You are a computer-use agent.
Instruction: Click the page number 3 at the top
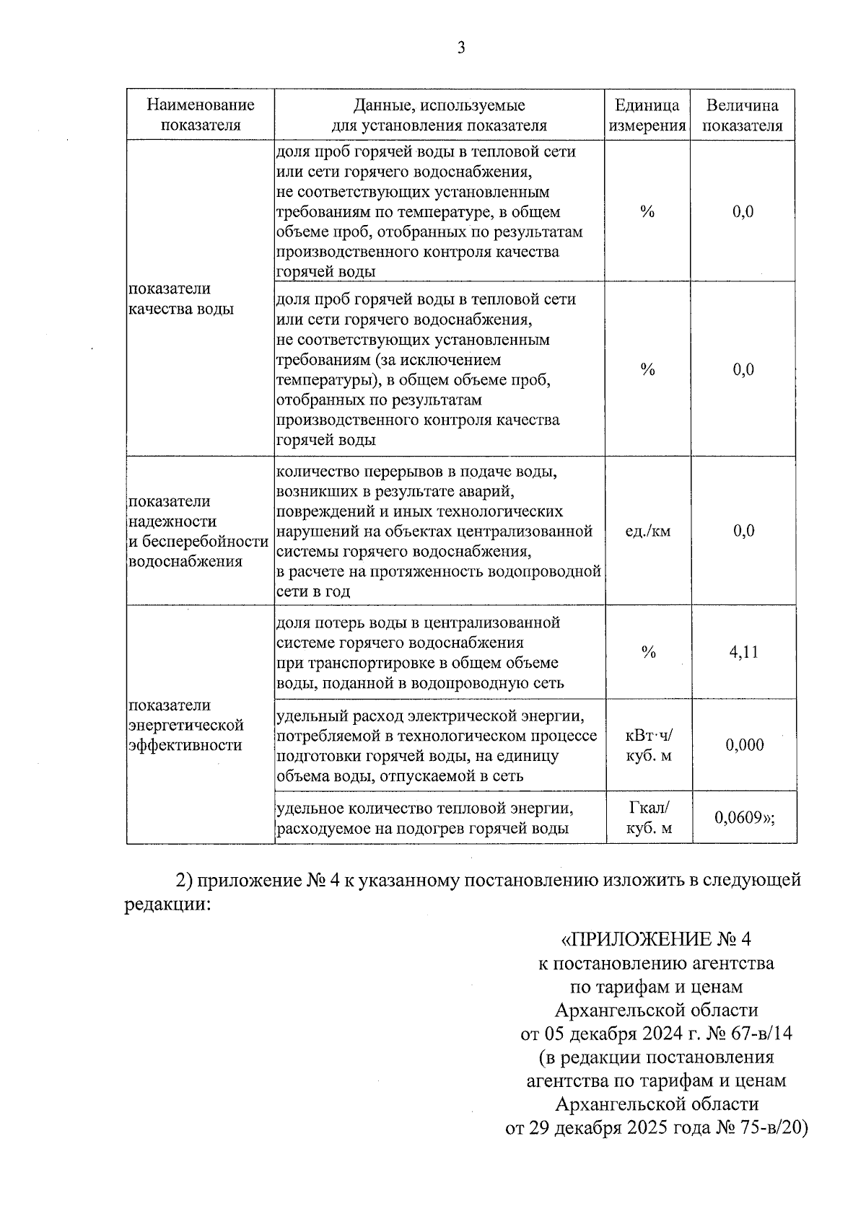click(x=461, y=48)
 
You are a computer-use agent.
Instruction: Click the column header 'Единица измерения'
click(x=647, y=115)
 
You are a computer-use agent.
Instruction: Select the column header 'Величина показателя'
click(x=743, y=115)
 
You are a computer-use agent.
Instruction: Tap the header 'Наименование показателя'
click(x=201, y=115)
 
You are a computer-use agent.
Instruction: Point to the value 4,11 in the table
click(x=743, y=652)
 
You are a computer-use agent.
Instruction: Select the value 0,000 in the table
click(x=744, y=745)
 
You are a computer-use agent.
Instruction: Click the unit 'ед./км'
click(x=647, y=532)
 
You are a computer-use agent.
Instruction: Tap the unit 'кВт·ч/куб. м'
click(x=649, y=745)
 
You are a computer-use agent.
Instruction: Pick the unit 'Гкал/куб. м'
click(x=649, y=817)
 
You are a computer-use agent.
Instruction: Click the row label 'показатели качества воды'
click(x=180, y=299)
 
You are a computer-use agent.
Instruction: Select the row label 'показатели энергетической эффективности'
click(x=185, y=725)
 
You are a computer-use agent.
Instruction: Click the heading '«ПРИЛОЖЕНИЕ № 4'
click(x=656, y=940)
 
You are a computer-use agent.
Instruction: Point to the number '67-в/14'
click(x=763, y=1034)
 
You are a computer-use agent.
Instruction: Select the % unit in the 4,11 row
click(x=648, y=652)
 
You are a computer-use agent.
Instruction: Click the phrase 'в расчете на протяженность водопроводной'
click(x=439, y=572)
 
